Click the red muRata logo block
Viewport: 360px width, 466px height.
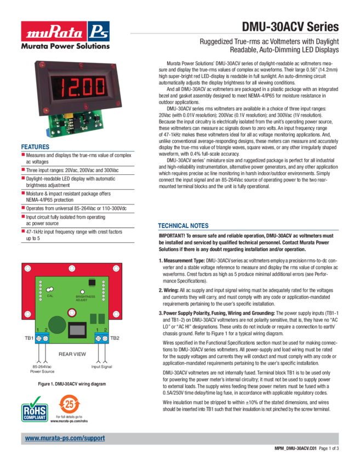tap(53, 31)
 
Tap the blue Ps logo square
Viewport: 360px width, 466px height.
tap(98, 31)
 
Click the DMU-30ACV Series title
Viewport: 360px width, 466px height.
tap(290, 27)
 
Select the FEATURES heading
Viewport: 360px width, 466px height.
tap(35, 147)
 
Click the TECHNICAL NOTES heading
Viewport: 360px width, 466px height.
tap(183, 225)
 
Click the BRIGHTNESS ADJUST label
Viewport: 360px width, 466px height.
tap(85, 298)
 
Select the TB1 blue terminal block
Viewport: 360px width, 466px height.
tap(42, 338)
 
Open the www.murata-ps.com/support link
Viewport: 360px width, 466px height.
tap(65, 439)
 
